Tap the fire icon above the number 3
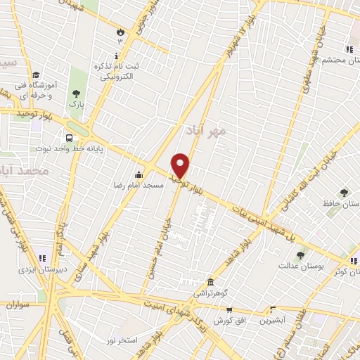click(120, 32)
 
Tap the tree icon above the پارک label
click(76, 93)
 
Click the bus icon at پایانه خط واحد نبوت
click(69, 138)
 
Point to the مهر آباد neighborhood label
click(205, 131)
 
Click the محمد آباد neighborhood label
click(25, 171)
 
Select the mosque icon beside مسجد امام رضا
click(139, 174)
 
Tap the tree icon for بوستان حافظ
click(344, 192)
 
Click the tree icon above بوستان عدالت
click(301, 255)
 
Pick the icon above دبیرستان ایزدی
click(42, 258)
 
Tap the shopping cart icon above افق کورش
click(229, 309)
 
